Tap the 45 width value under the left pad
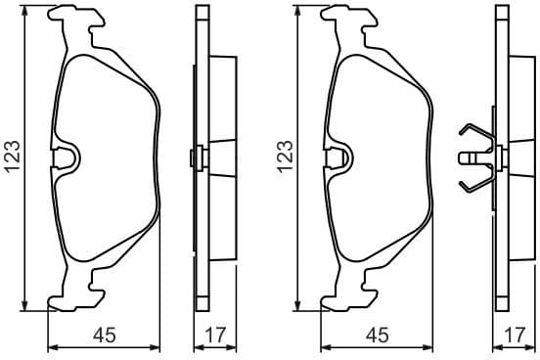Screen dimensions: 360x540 pyautogui.click(x=105, y=335)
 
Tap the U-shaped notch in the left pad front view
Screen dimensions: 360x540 pyautogui.click(x=67, y=157)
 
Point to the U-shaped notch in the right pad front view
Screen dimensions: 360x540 pyautogui.click(x=339, y=157)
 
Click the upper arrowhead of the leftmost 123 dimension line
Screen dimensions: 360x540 pyautogui.click(x=23, y=11)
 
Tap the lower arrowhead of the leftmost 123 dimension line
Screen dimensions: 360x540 pyautogui.click(x=23, y=303)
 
